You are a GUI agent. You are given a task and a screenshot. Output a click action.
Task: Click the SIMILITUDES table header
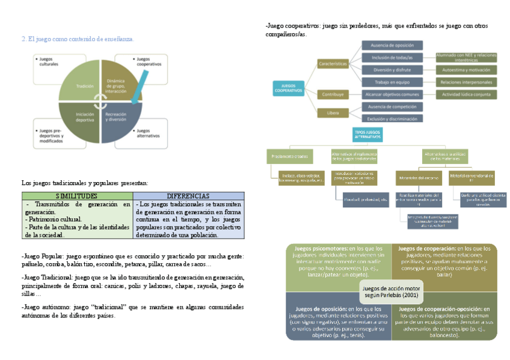(x=76, y=196)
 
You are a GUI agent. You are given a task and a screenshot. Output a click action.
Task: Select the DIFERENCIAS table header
(x=188, y=196)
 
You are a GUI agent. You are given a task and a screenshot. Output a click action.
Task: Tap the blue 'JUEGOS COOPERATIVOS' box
(x=289, y=88)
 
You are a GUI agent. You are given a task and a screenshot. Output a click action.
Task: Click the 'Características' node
(x=333, y=63)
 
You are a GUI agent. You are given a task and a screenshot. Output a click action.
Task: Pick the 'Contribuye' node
(x=333, y=94)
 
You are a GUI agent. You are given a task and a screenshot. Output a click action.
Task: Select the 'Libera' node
(x=333, y=112)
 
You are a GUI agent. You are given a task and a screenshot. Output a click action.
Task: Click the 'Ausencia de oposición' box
(x=392, y=45)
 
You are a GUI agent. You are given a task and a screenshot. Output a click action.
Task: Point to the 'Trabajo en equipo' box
(x=392, y=82)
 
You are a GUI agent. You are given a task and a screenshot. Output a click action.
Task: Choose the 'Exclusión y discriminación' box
(x=392, y=119)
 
